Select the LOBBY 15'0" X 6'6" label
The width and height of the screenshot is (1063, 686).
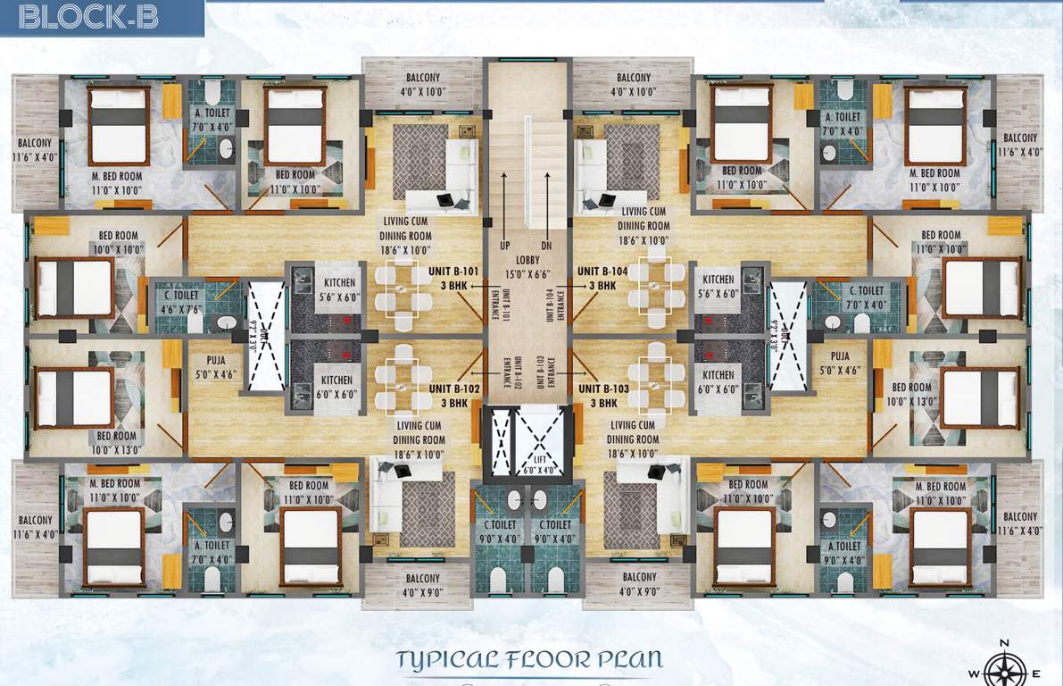coord(527,267)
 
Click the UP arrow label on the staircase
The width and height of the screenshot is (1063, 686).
coord(505,245)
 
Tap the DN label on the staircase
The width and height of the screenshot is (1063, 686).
coord(547,245)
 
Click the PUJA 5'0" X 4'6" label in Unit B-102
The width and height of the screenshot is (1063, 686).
coord(214,368)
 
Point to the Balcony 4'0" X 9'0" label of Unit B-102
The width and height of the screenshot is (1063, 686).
coord(421,584)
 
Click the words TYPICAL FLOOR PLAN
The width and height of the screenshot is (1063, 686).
coord(530,661)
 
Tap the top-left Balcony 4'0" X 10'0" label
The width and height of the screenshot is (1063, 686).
coord(422,84)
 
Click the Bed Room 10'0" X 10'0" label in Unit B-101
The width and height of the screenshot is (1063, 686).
coord(119,243)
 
